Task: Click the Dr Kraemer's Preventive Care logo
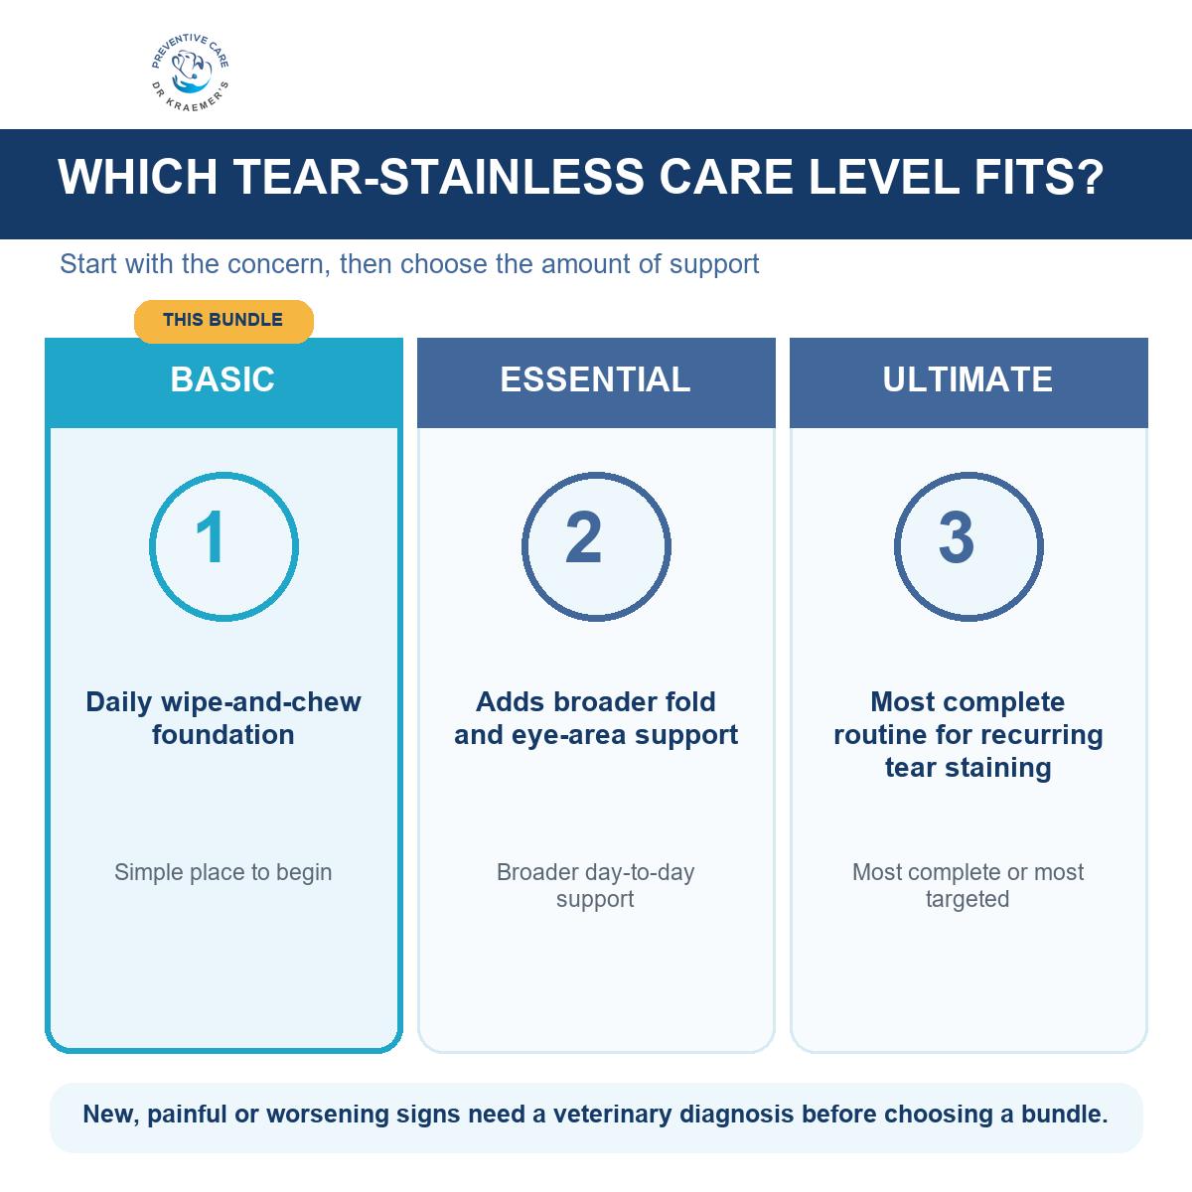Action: coord(190,73)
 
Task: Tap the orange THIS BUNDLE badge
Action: coord(223,321)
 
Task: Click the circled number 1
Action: coord(223,546)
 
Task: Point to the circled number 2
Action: coord(596,546)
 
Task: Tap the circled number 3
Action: coord(968,546)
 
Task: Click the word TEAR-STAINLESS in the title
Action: coord(439,177)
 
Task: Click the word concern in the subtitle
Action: coord(279,264)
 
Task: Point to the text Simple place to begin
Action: coord(223,872)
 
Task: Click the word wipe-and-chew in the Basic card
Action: coord(260,702)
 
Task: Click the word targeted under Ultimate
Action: coord(967,899)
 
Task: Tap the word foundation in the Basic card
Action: coord(223,735)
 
